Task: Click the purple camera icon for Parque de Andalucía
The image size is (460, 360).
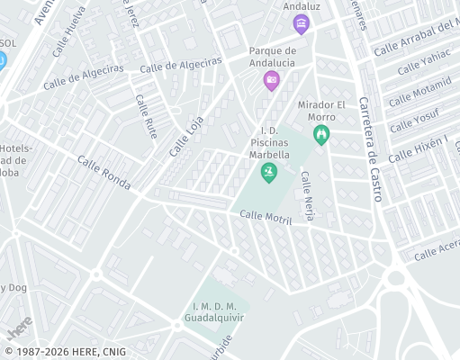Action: click(x=271, y=81)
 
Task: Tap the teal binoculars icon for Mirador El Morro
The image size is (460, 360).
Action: click(x=321, y=135)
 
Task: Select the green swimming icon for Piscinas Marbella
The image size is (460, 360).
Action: click(x=267, y=172)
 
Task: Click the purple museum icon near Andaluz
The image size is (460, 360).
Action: click(x=302, y=22)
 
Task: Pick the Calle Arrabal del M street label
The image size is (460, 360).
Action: click(x=416, y=39)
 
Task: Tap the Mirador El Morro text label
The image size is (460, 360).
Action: click(x=321, y=111)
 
